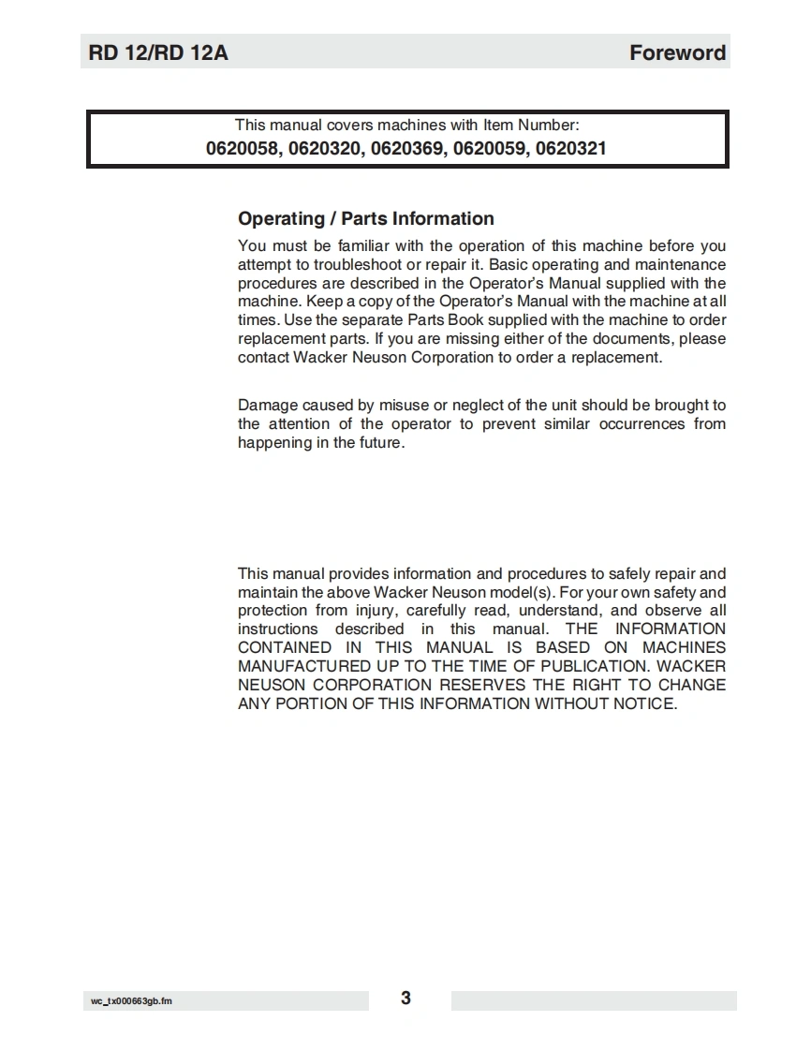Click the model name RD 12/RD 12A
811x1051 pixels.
tap(158, 53)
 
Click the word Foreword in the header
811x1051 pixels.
tap(677, 53)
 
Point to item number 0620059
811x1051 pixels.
tap(490, 148)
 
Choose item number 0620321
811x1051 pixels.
tap(571, 148)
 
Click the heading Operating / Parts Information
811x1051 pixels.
tap(365, 219)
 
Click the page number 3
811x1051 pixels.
tap(405, 999)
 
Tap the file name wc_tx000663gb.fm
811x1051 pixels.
tap(131, 1001)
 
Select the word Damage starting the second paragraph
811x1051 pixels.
tap(268, 406)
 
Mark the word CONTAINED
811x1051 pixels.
tap(285, 648)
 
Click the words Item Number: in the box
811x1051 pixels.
tap(531, 125)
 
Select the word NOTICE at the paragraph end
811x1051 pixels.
tap(643, 703)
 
